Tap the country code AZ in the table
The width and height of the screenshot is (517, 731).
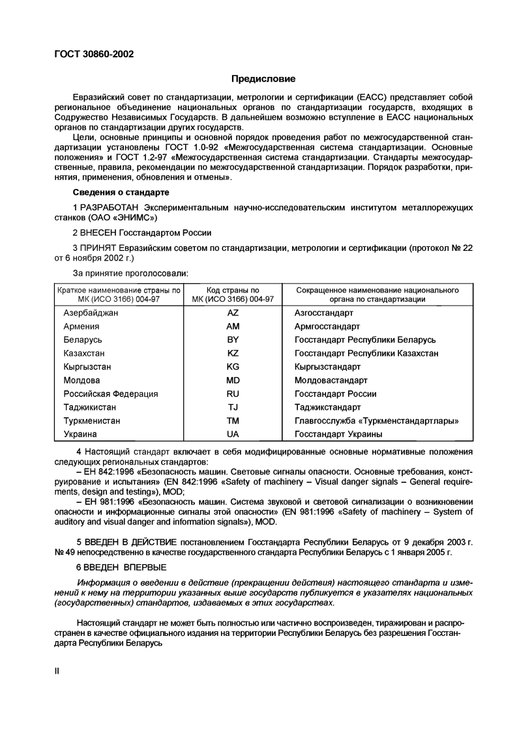pyautogui.click(x=233, y=313)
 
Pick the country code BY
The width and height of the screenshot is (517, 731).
pyautogui.click(x=233, y=339)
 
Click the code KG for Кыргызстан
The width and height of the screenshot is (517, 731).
pyautogui.click(x=233, y=367)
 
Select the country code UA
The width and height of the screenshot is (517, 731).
pyautogui.click(x=233, y=434)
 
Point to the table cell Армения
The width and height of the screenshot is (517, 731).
pyautogui.click(x=81, y=326)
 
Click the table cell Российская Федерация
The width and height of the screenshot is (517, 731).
pyautogui.click(x=111, y=394)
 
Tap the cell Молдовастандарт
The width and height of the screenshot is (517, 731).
pyautogui.click(x=331, y=380)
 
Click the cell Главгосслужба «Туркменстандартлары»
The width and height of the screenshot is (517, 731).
pyautogui.click(x=377, y=421)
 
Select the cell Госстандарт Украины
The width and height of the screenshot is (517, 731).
pyautogui.click(x=338, y=434)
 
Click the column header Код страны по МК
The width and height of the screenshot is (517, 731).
pyautogui.click(x=233, y=294)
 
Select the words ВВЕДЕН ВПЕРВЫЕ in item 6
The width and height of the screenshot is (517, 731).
pyautogui.click(x=125, y=567)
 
